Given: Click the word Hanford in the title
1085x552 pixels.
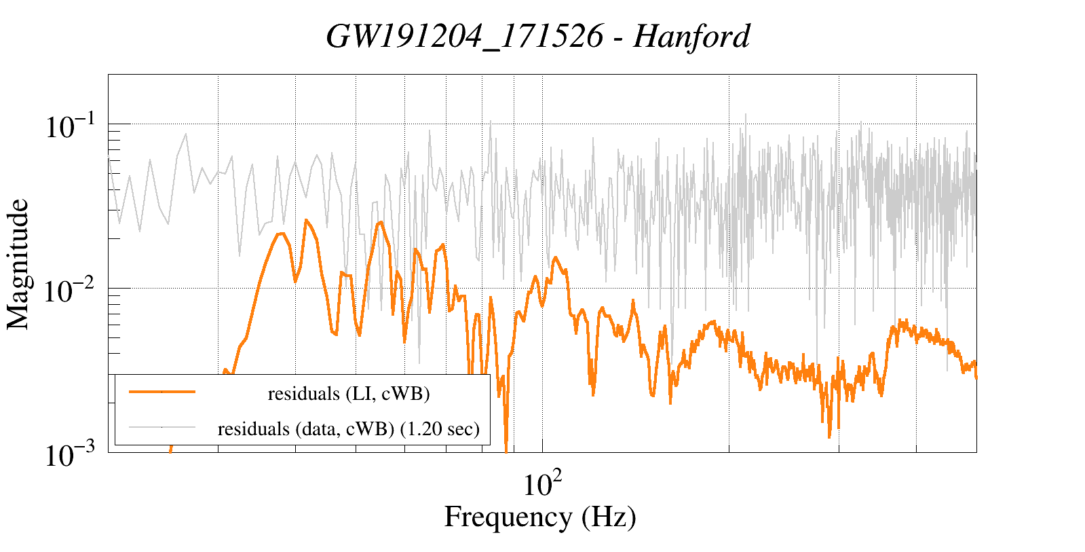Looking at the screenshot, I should coord(691,36).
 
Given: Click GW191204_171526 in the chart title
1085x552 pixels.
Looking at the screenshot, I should coord(464,36).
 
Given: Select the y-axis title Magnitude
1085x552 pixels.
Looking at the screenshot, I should coord(18,264).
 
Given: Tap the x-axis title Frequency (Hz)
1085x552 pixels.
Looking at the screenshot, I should coord(540,517).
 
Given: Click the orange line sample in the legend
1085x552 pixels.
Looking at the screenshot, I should coord(162,392).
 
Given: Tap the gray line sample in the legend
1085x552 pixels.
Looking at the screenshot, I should coord(162,427).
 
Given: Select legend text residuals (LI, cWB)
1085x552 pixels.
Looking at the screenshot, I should coord(349,393).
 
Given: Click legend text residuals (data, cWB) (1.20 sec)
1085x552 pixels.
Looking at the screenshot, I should coord(349,428).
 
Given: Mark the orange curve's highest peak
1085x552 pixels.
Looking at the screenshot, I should coord(306,219).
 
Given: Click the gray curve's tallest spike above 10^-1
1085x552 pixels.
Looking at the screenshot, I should coord(745,114).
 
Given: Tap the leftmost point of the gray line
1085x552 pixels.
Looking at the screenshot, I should coord(109,157).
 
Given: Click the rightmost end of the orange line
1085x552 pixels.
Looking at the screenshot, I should coord(976,377).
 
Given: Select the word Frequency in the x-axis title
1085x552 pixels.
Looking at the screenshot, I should coord(508,517).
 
